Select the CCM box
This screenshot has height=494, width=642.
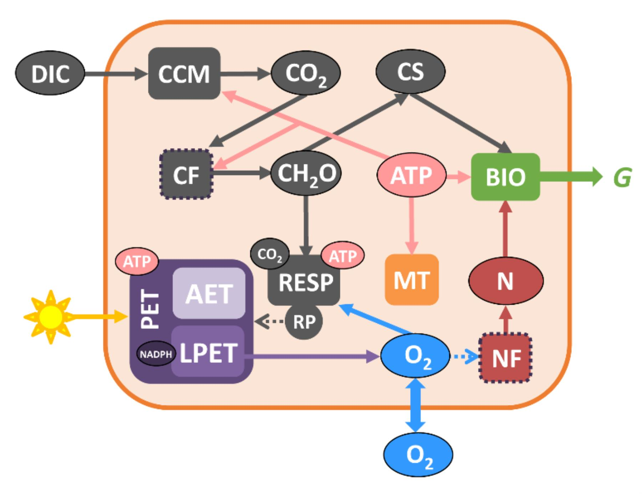(x=184, y=74)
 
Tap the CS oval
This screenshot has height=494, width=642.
(x=410, y=71)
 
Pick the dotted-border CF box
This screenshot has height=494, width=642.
(x=186, y=174)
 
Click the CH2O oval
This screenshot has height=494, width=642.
(x=306, y=174)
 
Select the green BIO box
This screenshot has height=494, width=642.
(x=505, y=176)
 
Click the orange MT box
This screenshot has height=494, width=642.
(x=412, y=280)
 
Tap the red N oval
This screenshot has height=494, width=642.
(x=505, y=281)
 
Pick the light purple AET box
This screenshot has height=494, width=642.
(x=209, y=293)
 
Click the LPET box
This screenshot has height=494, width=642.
(x=208, y=352)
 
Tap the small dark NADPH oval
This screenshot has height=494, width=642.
(x=156, y=354)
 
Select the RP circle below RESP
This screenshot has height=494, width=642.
(x=304, y=322)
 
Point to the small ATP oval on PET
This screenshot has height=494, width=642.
(x=137, y=262)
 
